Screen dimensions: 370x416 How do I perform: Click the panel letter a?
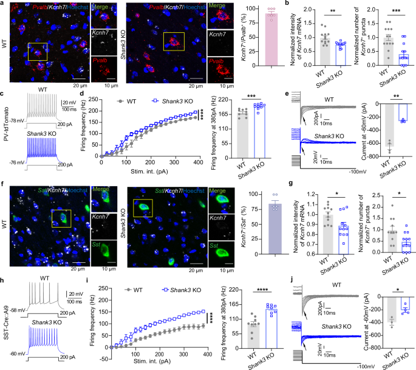pyautogui.click(x=4, y=4)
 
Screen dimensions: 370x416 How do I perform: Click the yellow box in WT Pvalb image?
pyautogui.click(x=37, y=51)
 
